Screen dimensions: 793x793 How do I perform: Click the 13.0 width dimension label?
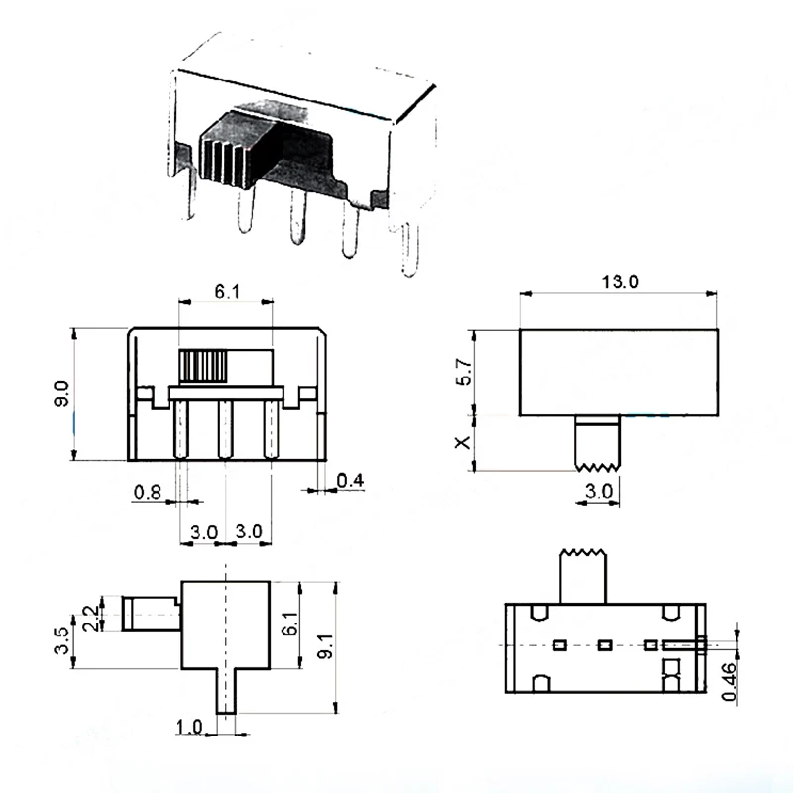click(x=619, y=282)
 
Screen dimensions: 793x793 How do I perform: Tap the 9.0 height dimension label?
click(x=61, y=394)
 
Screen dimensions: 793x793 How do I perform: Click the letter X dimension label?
click(x=462, y=443)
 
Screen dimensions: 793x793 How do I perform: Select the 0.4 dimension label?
click(x=349, y=481)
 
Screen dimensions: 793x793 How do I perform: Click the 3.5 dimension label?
click(x=61, y=640)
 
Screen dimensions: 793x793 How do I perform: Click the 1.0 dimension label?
click(x=189, y=727)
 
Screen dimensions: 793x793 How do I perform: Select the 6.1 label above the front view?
click(x=224, y=292)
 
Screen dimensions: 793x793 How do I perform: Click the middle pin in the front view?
click(x=225, y=428)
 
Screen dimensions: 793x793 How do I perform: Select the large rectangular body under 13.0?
click(x=619, y=373)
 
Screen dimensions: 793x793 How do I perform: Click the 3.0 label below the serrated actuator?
click(x=599, y=490)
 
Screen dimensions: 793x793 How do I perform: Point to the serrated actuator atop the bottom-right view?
click(x=583, y=575)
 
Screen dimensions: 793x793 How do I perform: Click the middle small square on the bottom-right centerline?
click(x=603, y=645)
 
